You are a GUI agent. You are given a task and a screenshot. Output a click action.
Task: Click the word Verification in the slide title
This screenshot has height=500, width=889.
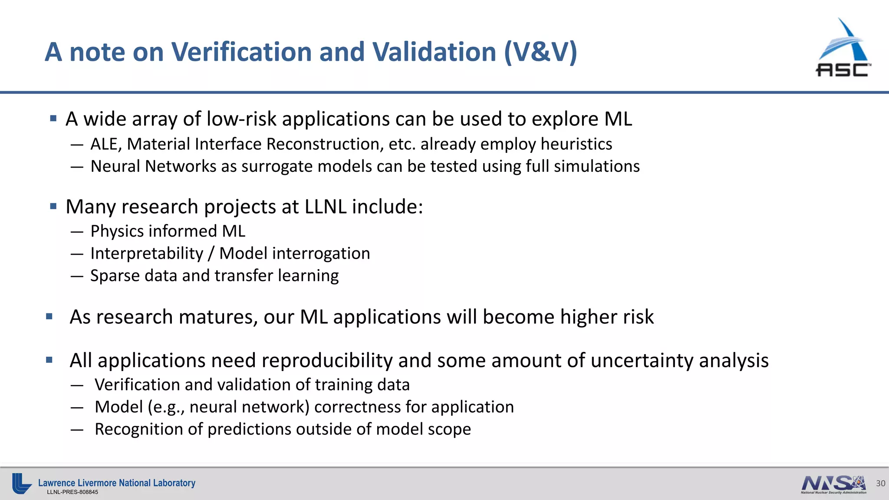(x=241, y=52)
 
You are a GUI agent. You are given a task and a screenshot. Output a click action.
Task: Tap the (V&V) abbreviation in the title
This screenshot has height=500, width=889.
(x=540, y=52)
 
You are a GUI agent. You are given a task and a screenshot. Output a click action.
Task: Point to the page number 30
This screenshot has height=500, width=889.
(x=880, y=483)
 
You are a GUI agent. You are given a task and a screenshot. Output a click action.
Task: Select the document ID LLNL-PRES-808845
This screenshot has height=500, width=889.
(x=72, y=492)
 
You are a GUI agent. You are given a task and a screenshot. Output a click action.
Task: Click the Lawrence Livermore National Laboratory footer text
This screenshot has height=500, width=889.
(x=117, y=483)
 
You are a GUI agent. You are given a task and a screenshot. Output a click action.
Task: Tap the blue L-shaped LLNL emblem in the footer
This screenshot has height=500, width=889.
(x=21, y=484)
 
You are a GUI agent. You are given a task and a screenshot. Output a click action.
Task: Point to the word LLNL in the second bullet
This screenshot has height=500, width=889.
(x=325, y=207)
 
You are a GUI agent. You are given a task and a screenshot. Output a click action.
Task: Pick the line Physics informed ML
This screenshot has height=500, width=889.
(x=168, y=231)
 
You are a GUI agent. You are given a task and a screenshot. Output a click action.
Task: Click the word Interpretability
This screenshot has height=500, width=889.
(x=147, y=253)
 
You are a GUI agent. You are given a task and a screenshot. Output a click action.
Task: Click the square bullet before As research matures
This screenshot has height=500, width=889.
(x=49, y=317)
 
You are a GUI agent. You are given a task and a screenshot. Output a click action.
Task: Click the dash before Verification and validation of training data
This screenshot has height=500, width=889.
(x=77, y=385)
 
